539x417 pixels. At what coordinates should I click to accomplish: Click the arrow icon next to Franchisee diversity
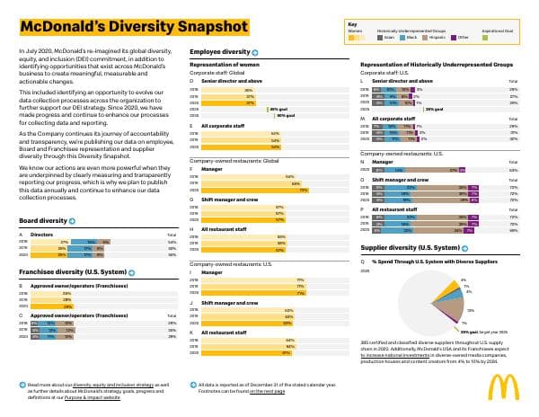tap(132, 271)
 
